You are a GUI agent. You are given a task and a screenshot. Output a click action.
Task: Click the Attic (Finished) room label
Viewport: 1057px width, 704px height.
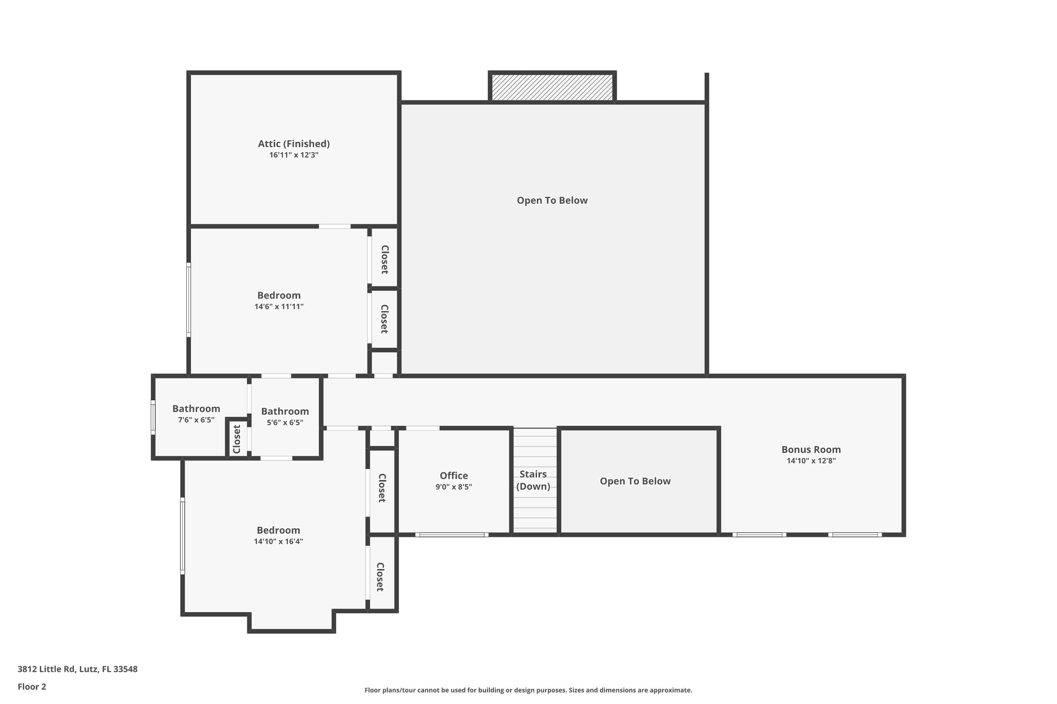click(x=294, y=144)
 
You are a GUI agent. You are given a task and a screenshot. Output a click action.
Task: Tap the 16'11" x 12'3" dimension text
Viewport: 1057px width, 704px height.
click(x=294, y=155)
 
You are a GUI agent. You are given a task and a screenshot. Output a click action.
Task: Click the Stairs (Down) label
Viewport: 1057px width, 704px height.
click(x=533, y=480)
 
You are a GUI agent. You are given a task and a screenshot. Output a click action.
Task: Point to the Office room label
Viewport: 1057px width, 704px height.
click(x=454, y=476)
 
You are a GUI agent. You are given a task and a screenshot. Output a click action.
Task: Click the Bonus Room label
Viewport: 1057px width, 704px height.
click(x=811, y=449)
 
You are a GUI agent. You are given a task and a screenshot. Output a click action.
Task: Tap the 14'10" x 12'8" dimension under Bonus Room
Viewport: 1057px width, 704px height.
click(x=811, y=461)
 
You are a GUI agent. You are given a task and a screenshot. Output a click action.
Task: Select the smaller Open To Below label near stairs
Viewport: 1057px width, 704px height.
click(x=635, y=481)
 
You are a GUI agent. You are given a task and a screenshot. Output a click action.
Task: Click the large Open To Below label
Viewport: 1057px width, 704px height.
click(x=552, y=201)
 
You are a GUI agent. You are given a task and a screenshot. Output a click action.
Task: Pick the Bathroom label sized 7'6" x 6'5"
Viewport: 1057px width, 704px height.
click(x=196, y=409)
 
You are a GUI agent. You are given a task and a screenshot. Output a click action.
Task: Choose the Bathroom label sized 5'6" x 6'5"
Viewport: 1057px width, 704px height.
click(x=285, y=412)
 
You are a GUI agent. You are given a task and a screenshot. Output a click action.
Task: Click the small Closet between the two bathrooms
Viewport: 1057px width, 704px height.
click(x=237, y=439)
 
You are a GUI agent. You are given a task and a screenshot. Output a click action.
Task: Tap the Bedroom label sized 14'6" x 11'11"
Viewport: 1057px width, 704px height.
click(x=279, y=296)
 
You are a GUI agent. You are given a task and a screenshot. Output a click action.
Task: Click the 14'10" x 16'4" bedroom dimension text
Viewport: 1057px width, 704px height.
click(x=278, y=542)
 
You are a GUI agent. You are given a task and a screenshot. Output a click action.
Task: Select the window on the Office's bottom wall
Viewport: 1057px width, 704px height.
click(x=452, y=535)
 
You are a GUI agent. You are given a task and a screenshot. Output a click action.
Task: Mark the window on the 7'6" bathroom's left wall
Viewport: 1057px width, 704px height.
click(x=153, y=417)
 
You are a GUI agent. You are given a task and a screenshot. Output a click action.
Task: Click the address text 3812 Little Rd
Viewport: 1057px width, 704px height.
click(x=77, y=669)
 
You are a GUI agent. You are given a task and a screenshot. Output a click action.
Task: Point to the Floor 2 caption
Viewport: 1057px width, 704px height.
click(x=32, y=686)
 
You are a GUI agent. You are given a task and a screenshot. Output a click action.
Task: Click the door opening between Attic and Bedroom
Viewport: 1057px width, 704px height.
click(x=334, y=226)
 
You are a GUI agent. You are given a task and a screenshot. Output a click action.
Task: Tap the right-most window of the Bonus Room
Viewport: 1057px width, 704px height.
click(x=855, y=535)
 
